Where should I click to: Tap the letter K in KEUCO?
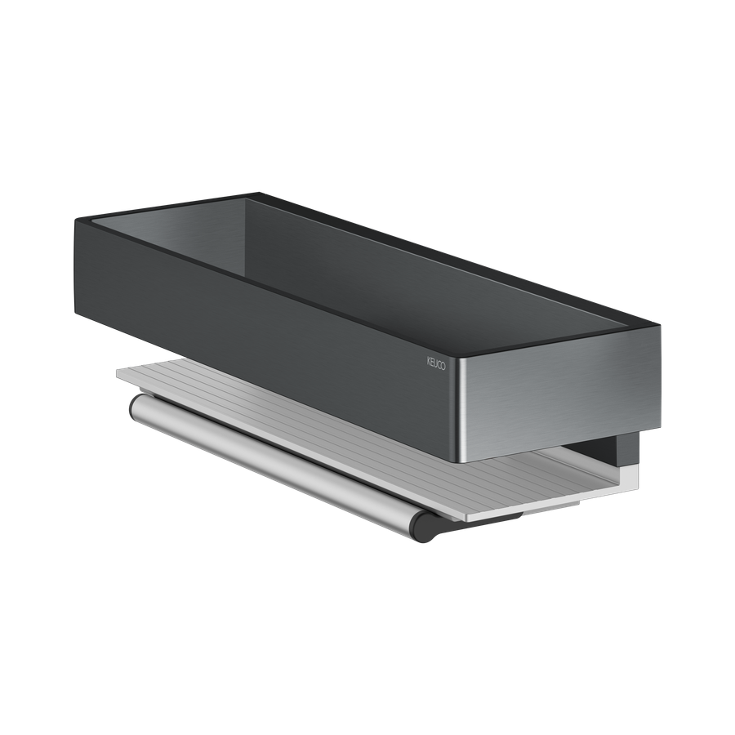pos(429,362)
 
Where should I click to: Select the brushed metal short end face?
pos(560,394)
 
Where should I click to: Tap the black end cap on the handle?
pos(424,528)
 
